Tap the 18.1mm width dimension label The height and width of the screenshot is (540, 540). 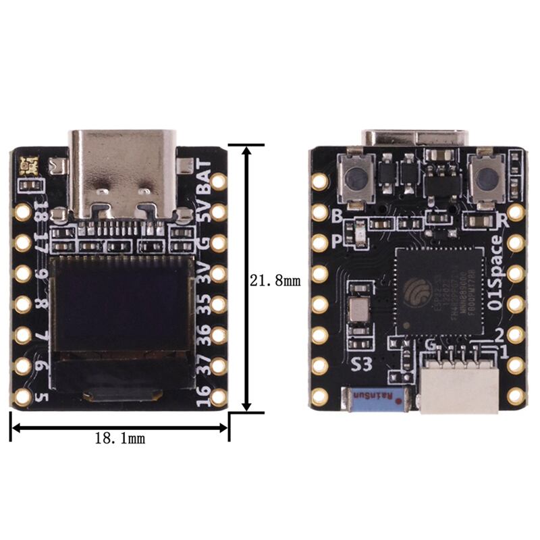[x=119, y=438]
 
